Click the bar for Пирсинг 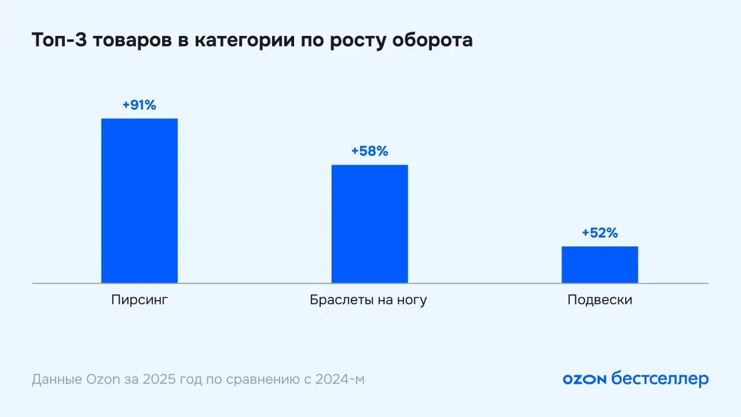pyautogui.click(x=139, y=200)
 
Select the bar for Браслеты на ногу pyautogui.click(x=369, y=224)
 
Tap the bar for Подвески pyautogui.click(x=600, y=265)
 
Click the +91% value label pyautogui.click(x=139, y=105)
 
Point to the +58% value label pyautogui.click(x=369, y=152)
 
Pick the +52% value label pyautogui.click(x=600, y=233)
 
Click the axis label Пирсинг pyautogui.click(x=139, y=300)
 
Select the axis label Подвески pyautogui.click(x=600, y=300)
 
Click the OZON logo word pyautogui.click(x=584, y=379)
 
